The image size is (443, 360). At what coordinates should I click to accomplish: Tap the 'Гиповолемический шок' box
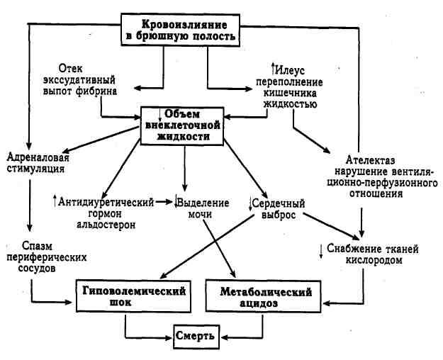[135, 296]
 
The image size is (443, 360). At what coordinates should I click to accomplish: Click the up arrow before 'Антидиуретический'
[55, 201]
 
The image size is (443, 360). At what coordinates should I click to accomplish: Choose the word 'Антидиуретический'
[107, 202]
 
